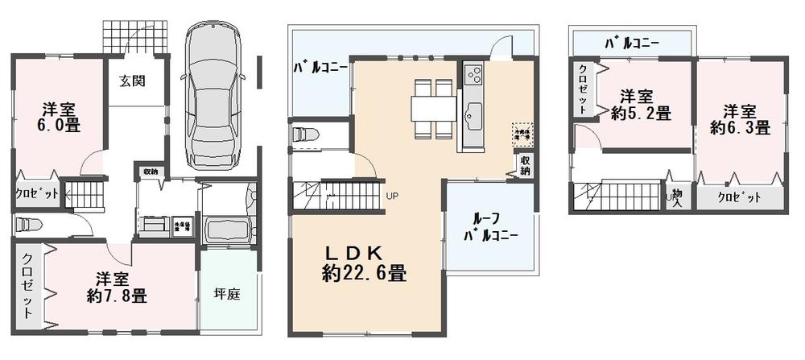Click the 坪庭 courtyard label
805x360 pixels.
click(228, 294)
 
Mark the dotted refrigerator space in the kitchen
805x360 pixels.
click(523, 132)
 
